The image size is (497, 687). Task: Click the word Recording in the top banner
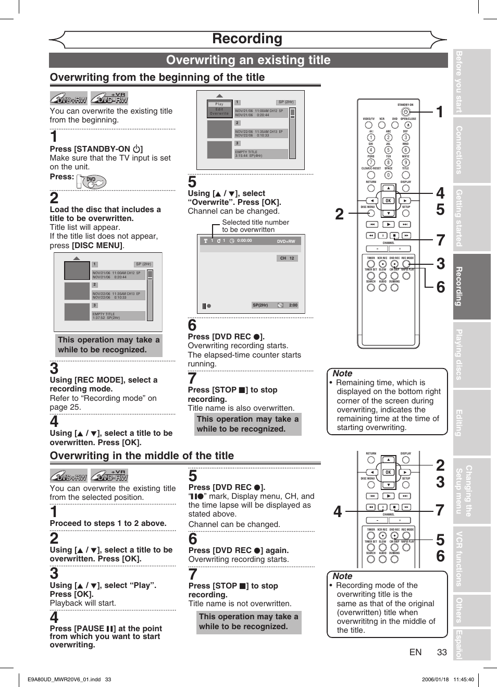pyautogui.click(x=247, y=39)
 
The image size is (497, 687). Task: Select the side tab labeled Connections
pyautogui.click(x=459, y=150)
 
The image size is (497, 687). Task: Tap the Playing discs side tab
pyautogui.click(x=459, y=354)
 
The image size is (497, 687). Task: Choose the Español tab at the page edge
pyautogui.click(x=459, y=645)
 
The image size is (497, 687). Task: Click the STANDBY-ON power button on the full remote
pyautogui.click(x=405, y=112)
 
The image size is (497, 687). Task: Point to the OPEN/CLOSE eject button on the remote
pyautogui.click(x=408, y=125)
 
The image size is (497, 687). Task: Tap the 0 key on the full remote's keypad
pyautogui.click(x=388, y=175)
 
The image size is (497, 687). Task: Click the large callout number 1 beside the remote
pyautogui.click(x=440, y=112)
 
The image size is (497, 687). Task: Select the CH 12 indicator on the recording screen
pyautogui.click(x=287, y=258)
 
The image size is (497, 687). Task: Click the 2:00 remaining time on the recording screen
pyautogui.click(x=293, y=305)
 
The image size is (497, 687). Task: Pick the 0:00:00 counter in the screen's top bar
pyautogui.click(x=244, y=241)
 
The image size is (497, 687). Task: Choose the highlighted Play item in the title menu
pyautogui.click(x=219, y=104)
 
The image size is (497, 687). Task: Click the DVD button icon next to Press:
pyautogui.click(x=92, y=181)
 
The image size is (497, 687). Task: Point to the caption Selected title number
pyautogui.click(x=255, y=222)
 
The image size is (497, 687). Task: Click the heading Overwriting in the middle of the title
pyautogui.click(x=142, y=456)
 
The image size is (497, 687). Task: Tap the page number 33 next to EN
pyautogui.click(x=442, y=652)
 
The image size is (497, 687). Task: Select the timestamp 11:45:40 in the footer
pyautogui.click(x=463, y=679)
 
